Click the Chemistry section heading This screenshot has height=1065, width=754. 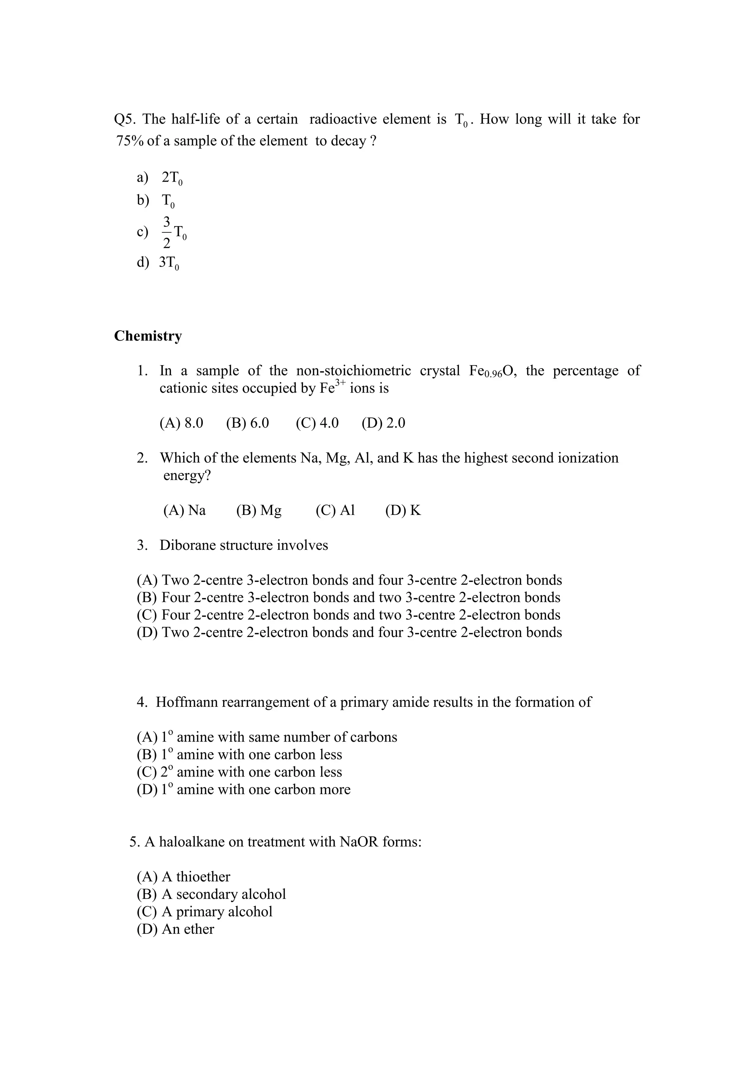(x=148, y=336)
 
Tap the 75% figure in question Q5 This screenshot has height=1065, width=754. (x=130, y=141)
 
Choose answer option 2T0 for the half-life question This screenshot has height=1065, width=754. (x=172, y=178)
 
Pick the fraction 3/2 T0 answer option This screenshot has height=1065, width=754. (x=174, y=232)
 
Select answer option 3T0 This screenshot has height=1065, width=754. (x=169, y=263)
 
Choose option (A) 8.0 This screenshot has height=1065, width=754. (x=181, y=423)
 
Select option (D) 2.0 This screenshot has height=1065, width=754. (x=383, y=423)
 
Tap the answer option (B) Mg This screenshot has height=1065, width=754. (x=258, y=511)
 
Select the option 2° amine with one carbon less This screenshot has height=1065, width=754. (x=239, y=772)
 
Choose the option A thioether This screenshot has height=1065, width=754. (x=183, y=877)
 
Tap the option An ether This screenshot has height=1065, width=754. (x=176, y=929)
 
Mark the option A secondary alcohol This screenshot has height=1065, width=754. (x=211, y=894)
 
